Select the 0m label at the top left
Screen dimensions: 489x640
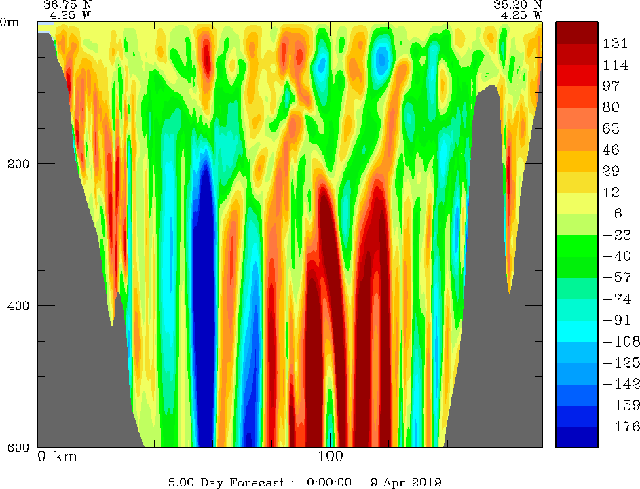pyautogui.click(x=10, y=22)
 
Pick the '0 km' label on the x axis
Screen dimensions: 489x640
pyautogui.click(x=58, y=457)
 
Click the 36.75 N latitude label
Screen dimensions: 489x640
pyautogui.click(x=67, y=4)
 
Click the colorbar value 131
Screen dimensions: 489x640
pyautogui.click(x=615, y=43)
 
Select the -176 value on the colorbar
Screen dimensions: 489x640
pyautogui.click(x=617, y=427)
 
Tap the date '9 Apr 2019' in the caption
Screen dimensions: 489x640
pyautogui.click(x=406, y=483)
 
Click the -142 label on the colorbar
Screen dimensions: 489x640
pyautogui.click(x=617, y=384)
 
